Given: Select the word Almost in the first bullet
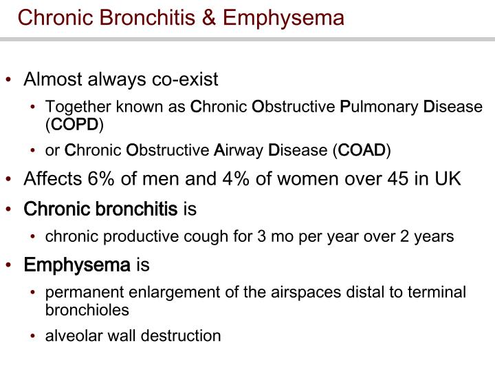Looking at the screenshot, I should pyautogui.click(x=50, y=80).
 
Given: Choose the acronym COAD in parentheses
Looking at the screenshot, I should pyautogui.click(x=362, y=150).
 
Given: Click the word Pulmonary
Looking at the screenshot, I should pyautogui.click(x=379, y=107).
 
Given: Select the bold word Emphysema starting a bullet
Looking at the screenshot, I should pyautogui.click(x=77, y=265).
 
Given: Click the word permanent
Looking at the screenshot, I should pyautogui.click(x=79, y=292).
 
